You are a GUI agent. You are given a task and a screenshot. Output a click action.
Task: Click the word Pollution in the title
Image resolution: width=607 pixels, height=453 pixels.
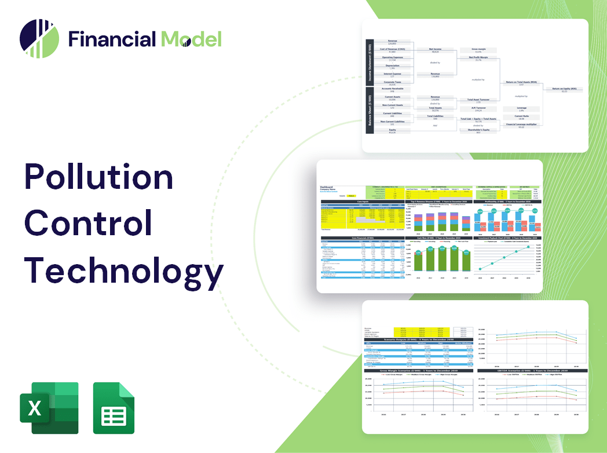pyautogui.click(x=98, y=177)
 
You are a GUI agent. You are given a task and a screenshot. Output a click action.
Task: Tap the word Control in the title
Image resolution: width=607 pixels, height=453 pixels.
pyautogui.click(x=88, y=224)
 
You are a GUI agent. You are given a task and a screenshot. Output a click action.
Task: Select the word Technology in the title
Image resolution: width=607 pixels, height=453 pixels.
pyautogui.click(x=123, y=270)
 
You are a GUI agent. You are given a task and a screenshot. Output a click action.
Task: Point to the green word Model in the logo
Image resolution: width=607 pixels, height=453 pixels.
pyautogui.click(x=191, y=39)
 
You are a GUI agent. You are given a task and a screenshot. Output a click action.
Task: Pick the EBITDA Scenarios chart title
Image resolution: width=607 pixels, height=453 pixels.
pyautogui.click(x=530, y=370)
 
